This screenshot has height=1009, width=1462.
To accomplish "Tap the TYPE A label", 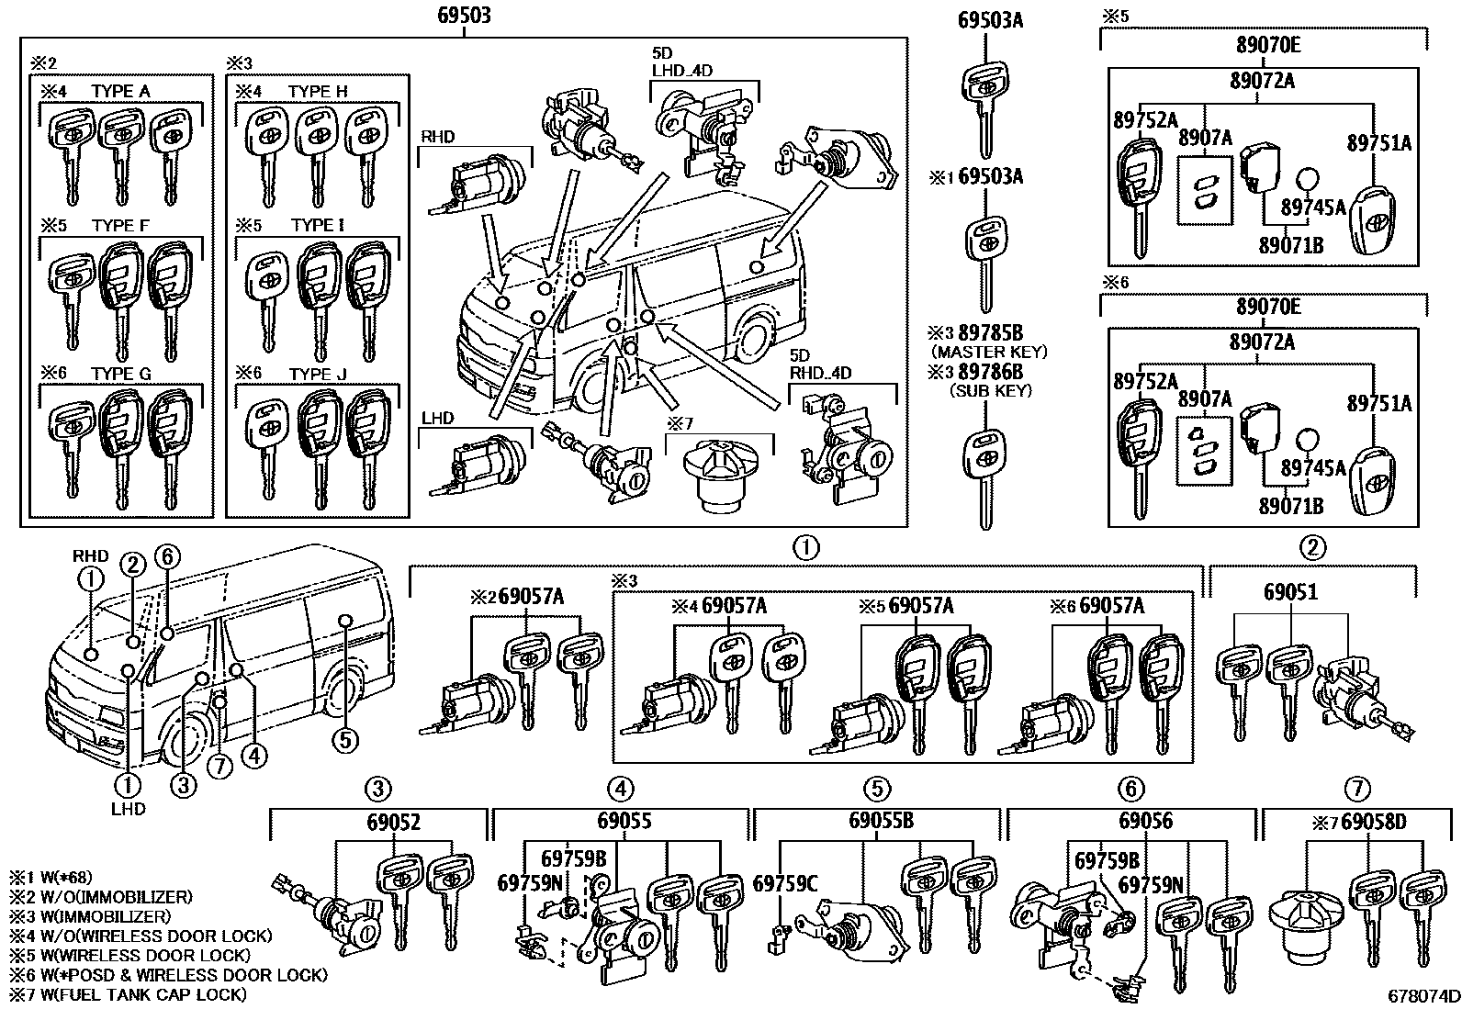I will pyautogui.click(x=120, y=91).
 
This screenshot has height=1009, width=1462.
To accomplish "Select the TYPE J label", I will pyautogui.click(x=318, y=375).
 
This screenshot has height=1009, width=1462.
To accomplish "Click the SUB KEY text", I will pyautogui.click(x=990, y=390).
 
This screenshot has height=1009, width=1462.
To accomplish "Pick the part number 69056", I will pyautogui.click(x=1145, y=821).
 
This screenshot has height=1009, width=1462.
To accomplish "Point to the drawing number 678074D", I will pyautogui.click(x=1423, y=997).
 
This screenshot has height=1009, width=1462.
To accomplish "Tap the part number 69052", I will pyautogui.click(x=393, y=821).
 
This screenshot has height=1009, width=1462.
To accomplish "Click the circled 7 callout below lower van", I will pyautogui.click(x=219, y=768).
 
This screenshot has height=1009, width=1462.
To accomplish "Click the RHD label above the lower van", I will pyautogui.click(x=90, y=555).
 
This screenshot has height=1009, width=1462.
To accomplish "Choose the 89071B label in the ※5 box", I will pyautogui.click(x=1290, y=244).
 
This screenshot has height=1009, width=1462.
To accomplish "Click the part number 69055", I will pyautogui.click(x=624, y=821).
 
